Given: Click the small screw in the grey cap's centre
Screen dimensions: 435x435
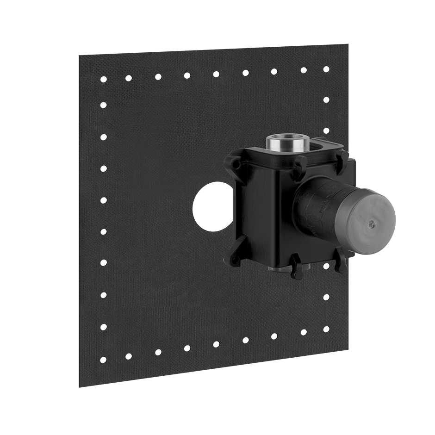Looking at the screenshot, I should (x=370, y=224).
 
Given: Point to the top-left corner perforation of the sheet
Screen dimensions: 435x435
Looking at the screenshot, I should (x=105, y=78).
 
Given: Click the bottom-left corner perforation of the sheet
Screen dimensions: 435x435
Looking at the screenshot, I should (x=105, y=359).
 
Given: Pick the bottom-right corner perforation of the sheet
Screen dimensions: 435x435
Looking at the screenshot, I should (x=328, y=329).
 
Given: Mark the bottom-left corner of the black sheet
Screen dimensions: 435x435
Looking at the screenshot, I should (x=80, y=386).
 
